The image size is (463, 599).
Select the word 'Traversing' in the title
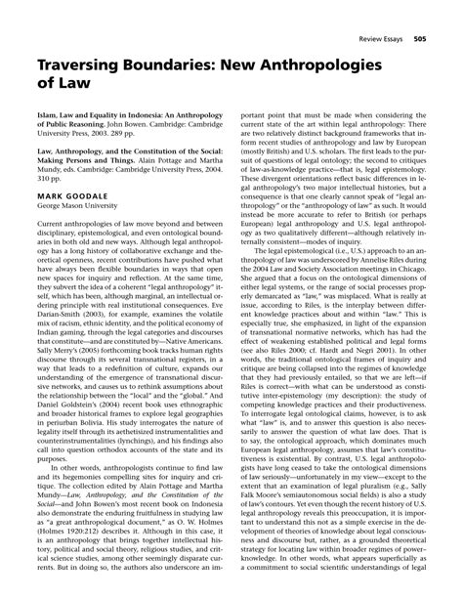coord(89,65)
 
